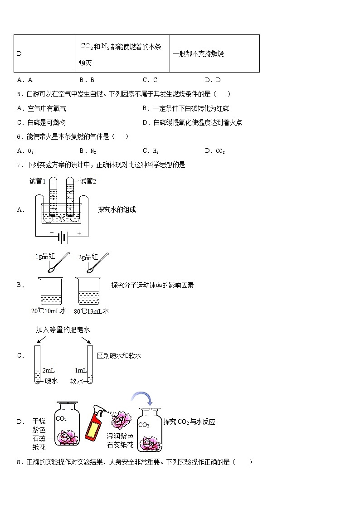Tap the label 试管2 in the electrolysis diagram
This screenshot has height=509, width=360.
point(88,181)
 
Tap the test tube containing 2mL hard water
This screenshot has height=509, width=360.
point(38,364)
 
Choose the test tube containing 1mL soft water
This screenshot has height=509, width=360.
point(90,364)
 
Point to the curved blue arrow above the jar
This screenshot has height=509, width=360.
point(142,398)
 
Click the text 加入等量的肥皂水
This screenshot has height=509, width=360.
point(63,330)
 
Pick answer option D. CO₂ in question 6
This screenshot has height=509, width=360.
point(215,151)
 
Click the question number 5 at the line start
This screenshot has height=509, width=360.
point(19,94)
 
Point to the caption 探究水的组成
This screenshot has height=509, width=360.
point(117,209)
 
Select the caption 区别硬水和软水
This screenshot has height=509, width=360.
point(119,356)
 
